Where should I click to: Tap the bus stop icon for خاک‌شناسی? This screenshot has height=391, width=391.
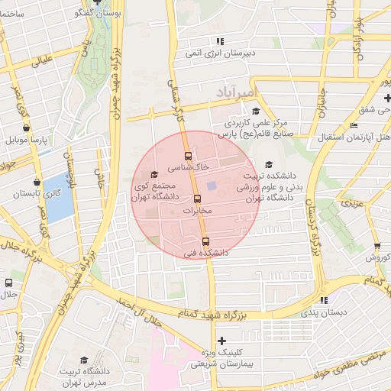(x=189, y=155)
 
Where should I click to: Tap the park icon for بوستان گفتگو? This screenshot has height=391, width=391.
(x=95, y=2)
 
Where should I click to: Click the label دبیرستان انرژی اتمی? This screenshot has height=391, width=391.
(x=221, y=53)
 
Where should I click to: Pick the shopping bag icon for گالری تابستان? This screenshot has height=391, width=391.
(x=26, y=181)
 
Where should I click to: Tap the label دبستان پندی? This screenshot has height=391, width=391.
(x=323, y=312)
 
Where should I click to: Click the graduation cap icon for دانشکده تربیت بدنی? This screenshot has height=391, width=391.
(x=268, y=164)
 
